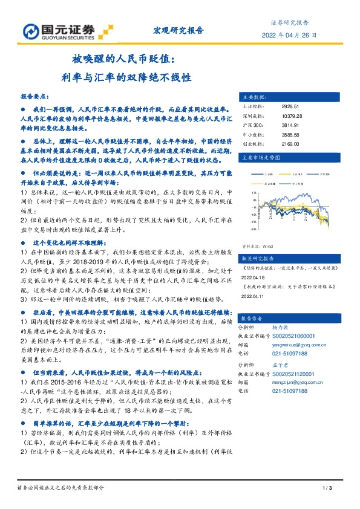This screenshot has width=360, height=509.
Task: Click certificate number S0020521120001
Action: (299, 375)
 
